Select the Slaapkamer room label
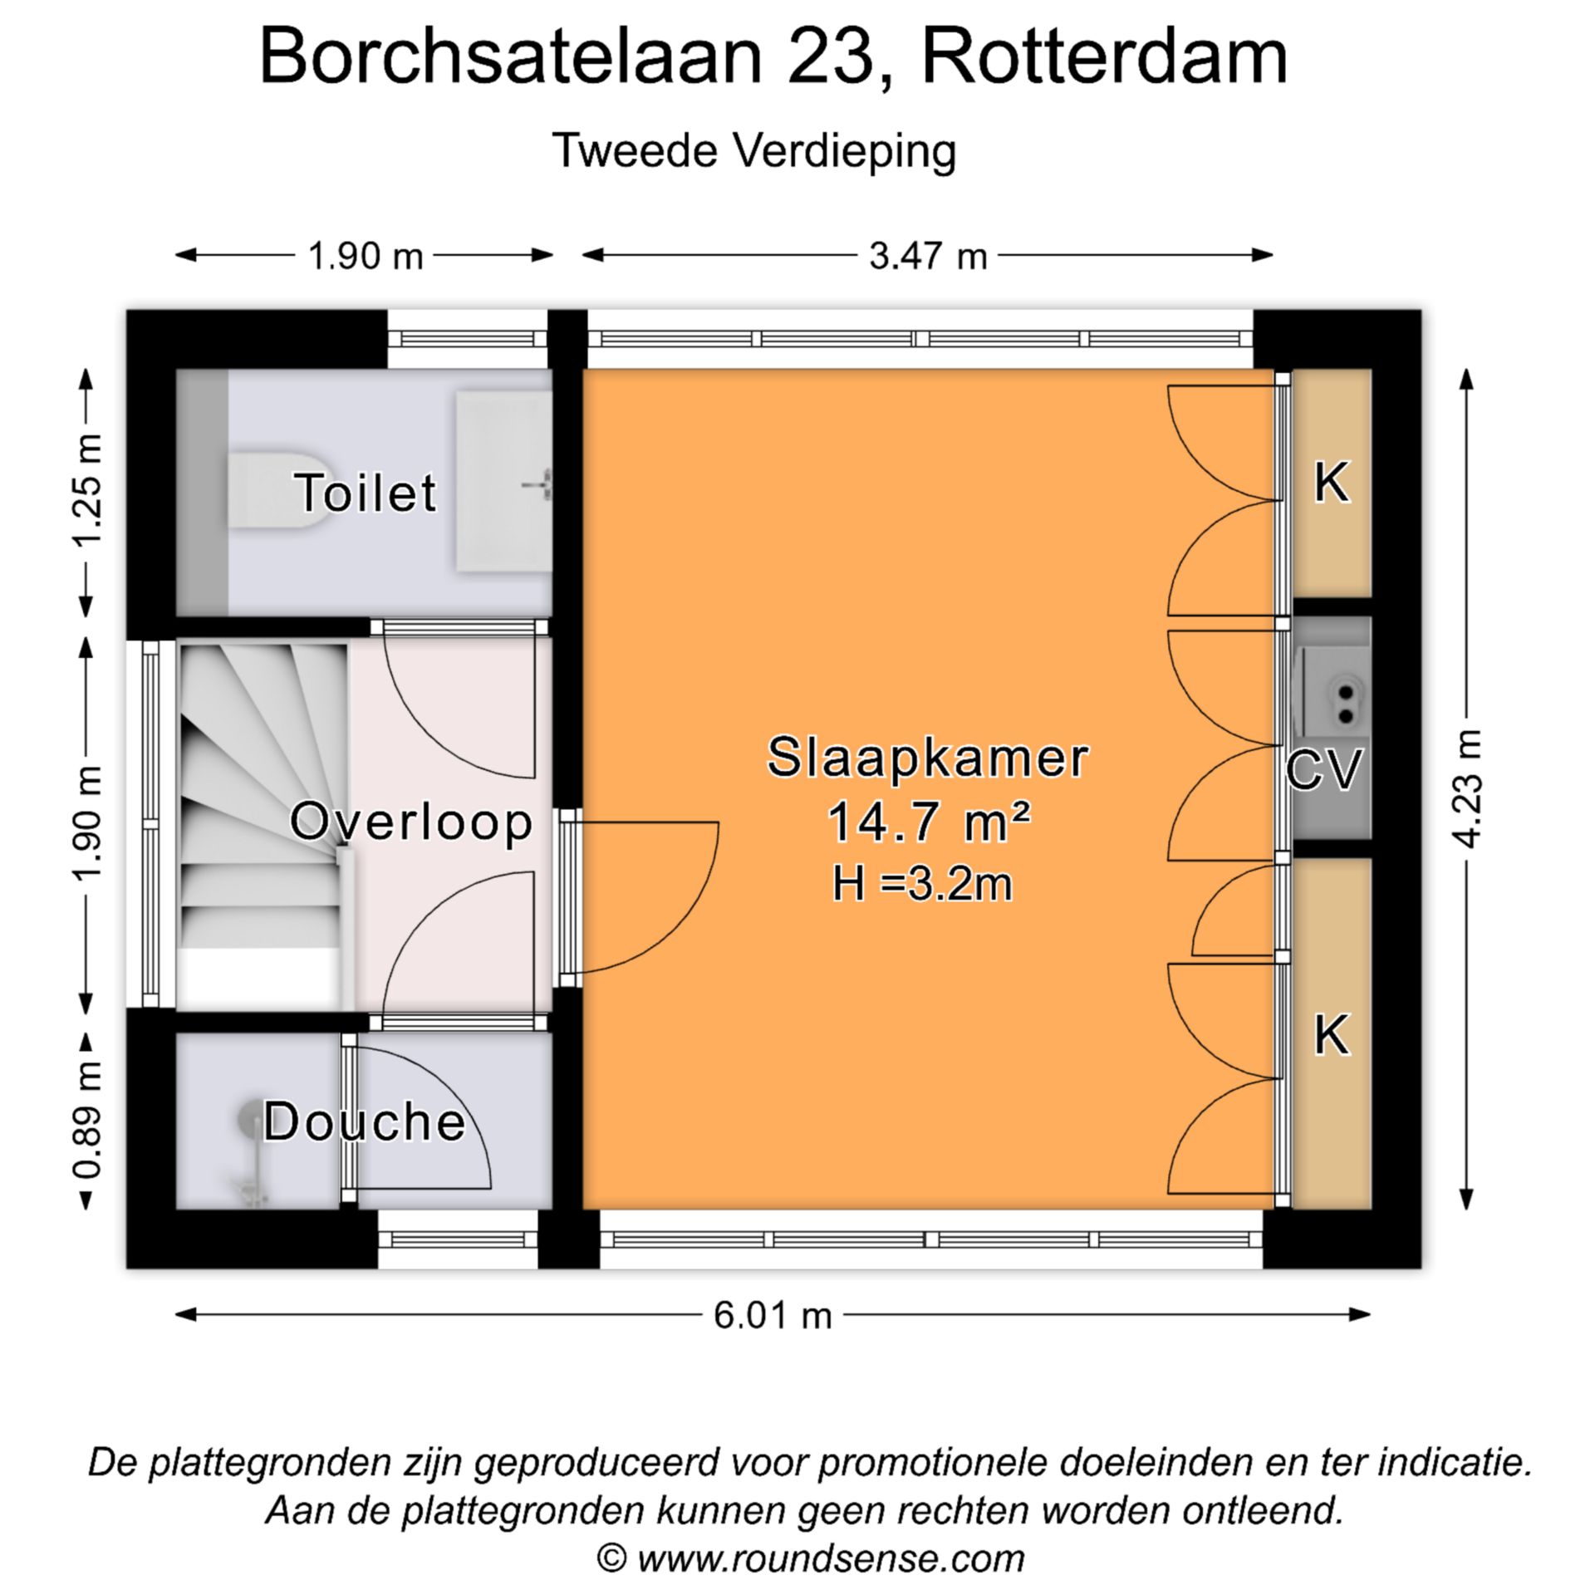pos(927,758)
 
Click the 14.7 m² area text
pos(927,822)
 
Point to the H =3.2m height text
pos(923,884)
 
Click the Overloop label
pos(411,822)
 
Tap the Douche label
pos(365,1121)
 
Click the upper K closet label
pos(1331,483)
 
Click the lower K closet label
pos(1331,1036)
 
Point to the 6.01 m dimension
pos(773,1316)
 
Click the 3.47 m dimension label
pos(928,256)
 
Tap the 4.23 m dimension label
pos(1469,789)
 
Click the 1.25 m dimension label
pos(88,491)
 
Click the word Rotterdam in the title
pos(1105,56)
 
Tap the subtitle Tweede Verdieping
pos(754,151)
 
